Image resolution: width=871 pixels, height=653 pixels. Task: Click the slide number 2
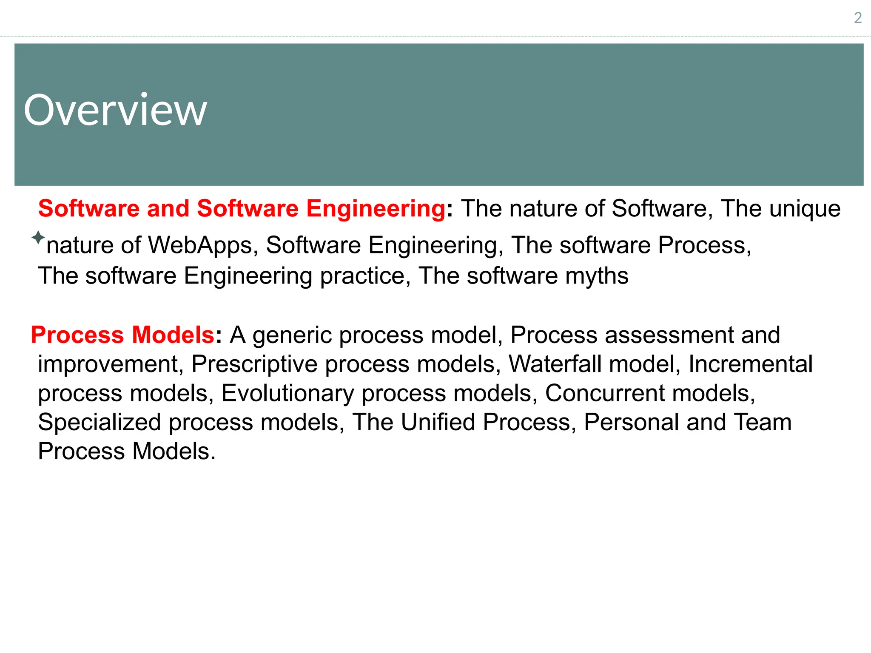click(x=858, y=18)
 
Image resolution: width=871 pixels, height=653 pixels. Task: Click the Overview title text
click(x=115, y=110)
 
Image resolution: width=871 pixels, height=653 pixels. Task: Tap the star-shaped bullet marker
click(x=38, y=237)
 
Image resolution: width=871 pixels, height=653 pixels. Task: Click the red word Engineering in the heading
click(x=376, y=208)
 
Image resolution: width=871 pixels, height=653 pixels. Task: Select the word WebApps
click(x=200, y=245)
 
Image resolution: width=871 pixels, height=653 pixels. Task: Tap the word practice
click(x=365, y=276)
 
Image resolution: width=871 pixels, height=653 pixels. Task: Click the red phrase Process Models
click(x=122, y=335)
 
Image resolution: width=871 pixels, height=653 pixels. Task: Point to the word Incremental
click(x=750, y=364)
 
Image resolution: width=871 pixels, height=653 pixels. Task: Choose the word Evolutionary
click(x=287, y=393)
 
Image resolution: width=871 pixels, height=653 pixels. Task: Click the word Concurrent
click(x=604, y=393)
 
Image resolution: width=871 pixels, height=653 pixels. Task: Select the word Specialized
click(x=99, y=422)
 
